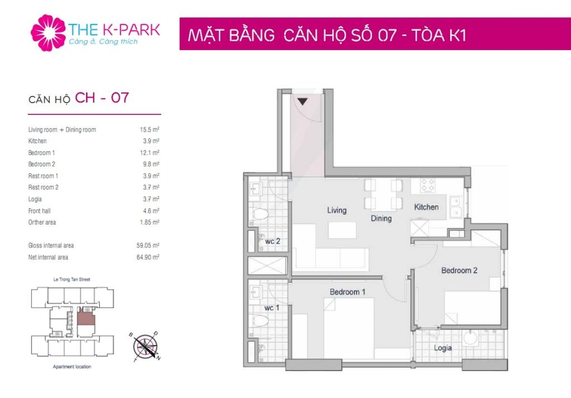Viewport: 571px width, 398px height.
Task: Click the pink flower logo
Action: point(48,33)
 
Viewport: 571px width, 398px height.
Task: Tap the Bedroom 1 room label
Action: point(347,292)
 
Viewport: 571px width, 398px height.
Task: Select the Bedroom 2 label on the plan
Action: point(459,270)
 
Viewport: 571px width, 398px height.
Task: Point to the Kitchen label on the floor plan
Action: point(426,207)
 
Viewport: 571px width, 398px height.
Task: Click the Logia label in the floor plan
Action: point(443,348)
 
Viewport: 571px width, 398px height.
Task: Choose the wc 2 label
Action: point(272,241)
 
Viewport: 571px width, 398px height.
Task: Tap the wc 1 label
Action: point(272,308)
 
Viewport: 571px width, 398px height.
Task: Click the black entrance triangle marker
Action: point(302,101)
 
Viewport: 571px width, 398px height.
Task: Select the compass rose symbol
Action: point(146,346)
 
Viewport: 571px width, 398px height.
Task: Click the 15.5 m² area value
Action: point(149,130)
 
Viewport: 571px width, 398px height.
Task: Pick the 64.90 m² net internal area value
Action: point(148,257)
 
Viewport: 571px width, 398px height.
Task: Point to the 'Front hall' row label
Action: point(40,211)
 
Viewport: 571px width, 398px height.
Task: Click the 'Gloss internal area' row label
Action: point(51,245)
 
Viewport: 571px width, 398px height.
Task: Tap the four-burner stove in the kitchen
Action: point(428,186)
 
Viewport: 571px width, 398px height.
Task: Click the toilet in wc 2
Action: point(260,213)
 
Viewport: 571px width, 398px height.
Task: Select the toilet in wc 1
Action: point(260,321)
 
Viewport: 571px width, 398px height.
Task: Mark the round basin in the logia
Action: point(470,338)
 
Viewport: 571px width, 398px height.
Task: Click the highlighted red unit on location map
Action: point(86,319)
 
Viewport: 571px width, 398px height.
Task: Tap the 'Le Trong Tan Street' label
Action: point(72,279)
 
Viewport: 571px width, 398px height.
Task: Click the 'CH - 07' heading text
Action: point(102,98)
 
